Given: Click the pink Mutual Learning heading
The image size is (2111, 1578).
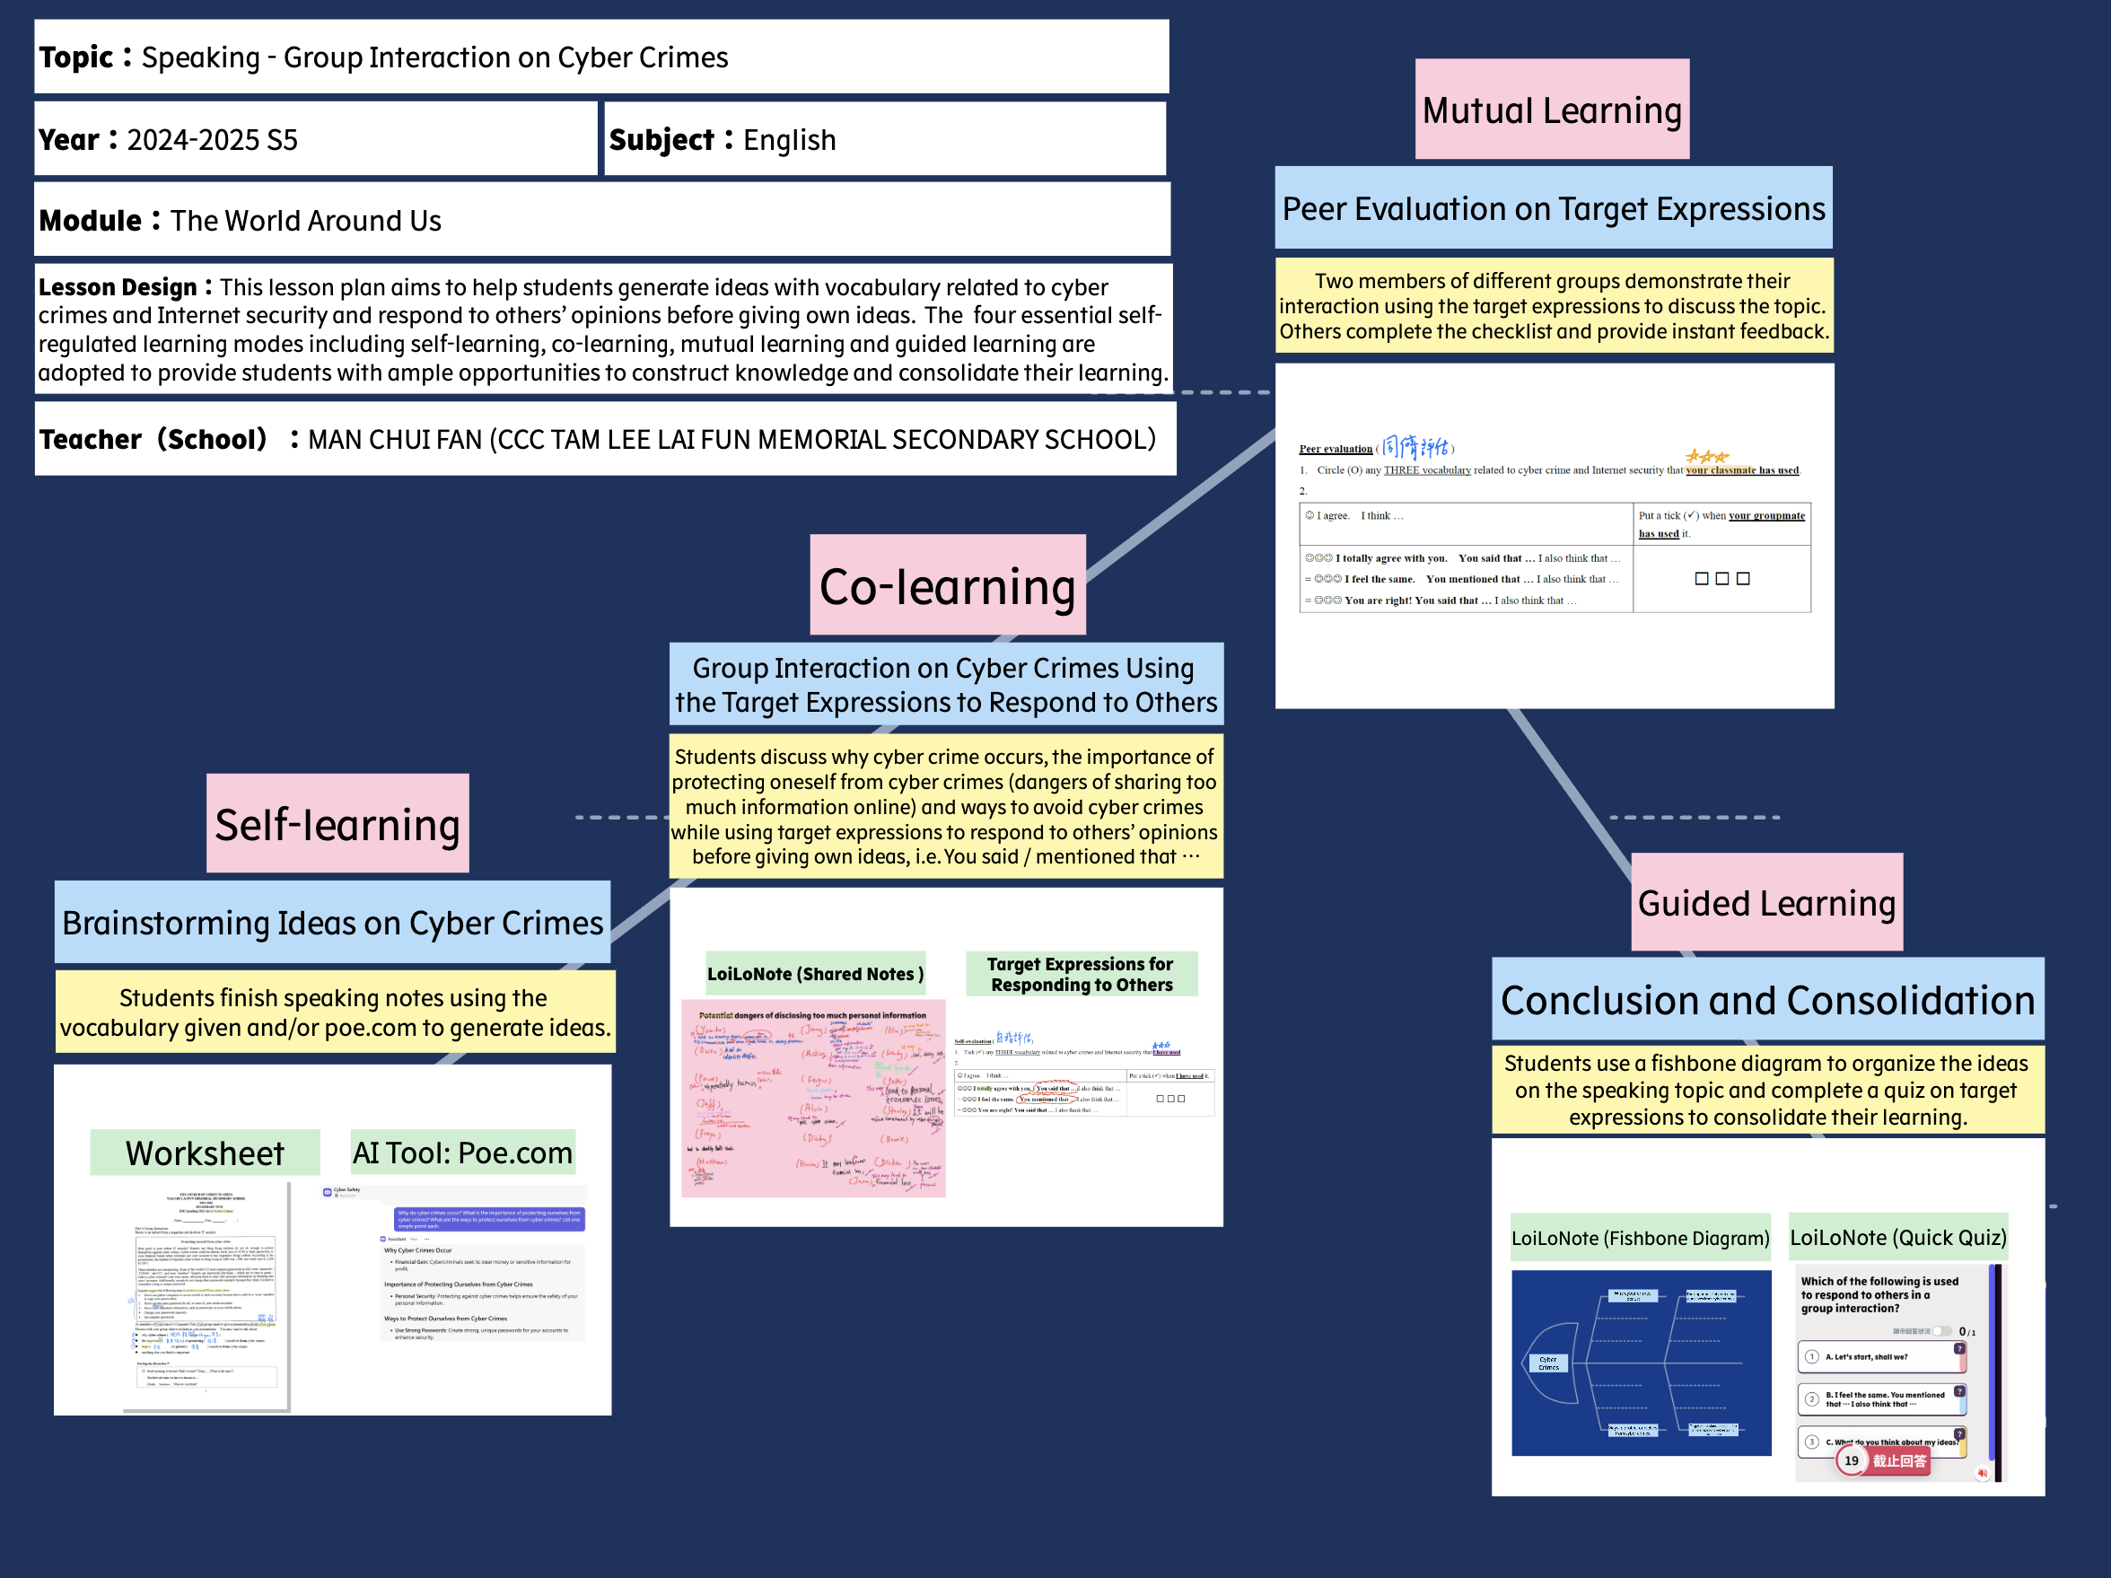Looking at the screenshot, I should coord(1552,110).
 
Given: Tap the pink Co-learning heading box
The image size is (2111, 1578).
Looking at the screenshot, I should coord(947,585).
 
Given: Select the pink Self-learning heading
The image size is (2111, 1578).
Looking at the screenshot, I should coord(337,824).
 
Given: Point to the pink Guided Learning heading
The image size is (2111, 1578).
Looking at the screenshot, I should coord(1766,902).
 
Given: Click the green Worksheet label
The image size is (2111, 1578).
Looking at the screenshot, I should coord(205,1153).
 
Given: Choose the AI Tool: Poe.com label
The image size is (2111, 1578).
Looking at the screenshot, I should coord(462,1153).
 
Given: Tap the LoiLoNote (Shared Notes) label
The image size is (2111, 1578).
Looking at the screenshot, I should coord(814,974).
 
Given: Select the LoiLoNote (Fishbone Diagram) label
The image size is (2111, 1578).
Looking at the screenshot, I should coord(1640,1238).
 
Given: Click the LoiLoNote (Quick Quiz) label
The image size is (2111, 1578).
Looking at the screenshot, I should coord(1897,1237).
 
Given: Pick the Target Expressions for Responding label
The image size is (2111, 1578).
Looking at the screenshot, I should coord(1081,974).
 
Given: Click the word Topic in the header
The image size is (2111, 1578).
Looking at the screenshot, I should coord(76,57).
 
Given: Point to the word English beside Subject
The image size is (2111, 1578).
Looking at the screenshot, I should coord(789,140).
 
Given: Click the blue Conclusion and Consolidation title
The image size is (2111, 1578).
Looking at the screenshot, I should coord(1767,1000).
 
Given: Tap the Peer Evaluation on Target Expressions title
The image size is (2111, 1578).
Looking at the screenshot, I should coord(1553,208).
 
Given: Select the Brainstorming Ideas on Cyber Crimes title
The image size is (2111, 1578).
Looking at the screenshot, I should coord(332,922).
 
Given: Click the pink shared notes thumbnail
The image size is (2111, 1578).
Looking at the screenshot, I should coord(813,1098).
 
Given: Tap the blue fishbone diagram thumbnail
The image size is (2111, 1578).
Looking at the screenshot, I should coord(1641,1363).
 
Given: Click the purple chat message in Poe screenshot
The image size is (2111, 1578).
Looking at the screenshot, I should coord(489,1219).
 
